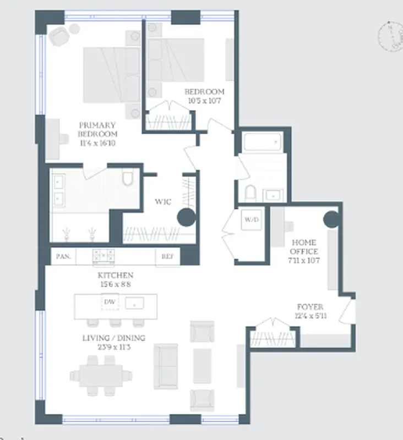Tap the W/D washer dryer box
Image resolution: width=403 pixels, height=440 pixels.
click(x=252, y=220)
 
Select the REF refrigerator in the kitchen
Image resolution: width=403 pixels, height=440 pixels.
click(x=167, y=256)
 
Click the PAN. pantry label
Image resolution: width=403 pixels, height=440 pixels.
click(x=63, y=256)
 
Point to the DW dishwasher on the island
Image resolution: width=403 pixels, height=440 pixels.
click(x=109, y=302)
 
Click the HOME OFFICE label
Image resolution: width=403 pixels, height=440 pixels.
click(x=305, y=247)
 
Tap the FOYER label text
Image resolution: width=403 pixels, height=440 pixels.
click(x=310, y=307)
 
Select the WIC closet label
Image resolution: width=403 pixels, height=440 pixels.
click(x=164, y=202)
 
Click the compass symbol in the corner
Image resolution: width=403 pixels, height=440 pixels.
click(x=390, y=35)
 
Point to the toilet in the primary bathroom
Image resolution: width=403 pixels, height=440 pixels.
click(x=128, y=179)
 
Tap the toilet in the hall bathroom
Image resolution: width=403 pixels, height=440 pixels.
click(x=250, y=193)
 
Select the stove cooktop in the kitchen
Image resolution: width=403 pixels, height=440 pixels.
click(x=103, y=256)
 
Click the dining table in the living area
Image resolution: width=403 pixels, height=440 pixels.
click(x=101, y=375)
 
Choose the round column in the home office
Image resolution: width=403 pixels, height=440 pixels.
click(x=331, y=219)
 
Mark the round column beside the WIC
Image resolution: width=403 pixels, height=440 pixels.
click(x=186, y=217)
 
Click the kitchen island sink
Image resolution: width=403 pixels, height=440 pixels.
click(x=134, y=302)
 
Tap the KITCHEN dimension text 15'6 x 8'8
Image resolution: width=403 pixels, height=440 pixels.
click(x=116, y=285)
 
